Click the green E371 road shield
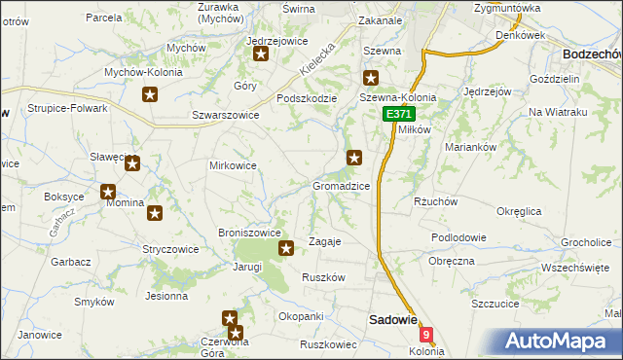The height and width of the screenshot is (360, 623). (398, 114)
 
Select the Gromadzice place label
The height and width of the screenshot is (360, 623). (341, 185)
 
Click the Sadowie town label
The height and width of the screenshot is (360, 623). (392, 319)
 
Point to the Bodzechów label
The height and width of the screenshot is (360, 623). (592, 54)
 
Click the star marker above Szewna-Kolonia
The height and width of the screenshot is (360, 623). (371, 78)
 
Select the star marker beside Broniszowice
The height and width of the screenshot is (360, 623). (286, 249)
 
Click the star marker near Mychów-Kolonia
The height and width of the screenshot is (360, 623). (150, 94)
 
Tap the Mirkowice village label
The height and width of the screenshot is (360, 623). (233, 165)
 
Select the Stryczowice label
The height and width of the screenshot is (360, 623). (170, 249)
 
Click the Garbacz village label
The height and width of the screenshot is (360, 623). (71, 262)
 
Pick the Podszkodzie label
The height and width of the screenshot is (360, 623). (307, 97)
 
